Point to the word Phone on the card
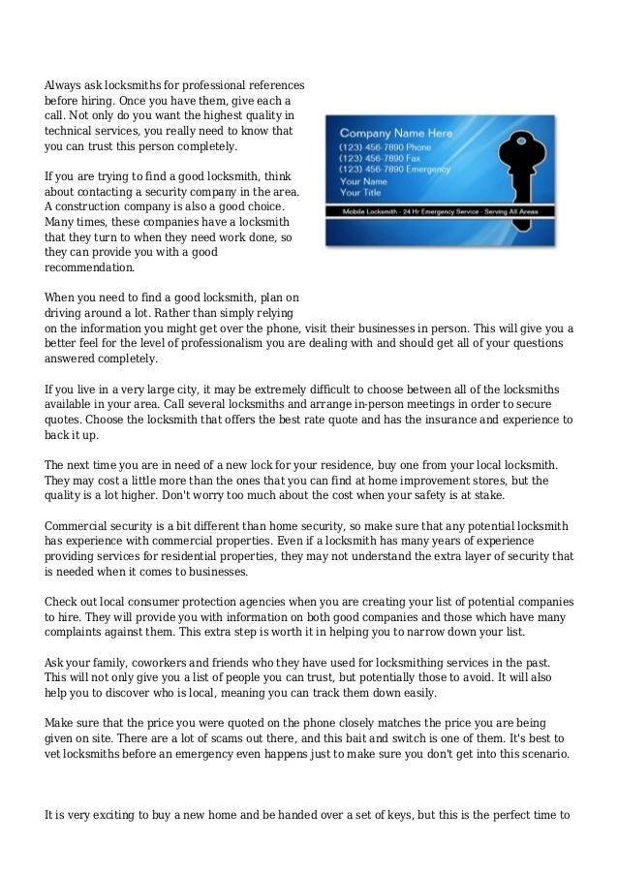(422, 146)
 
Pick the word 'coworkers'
(157, 662)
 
